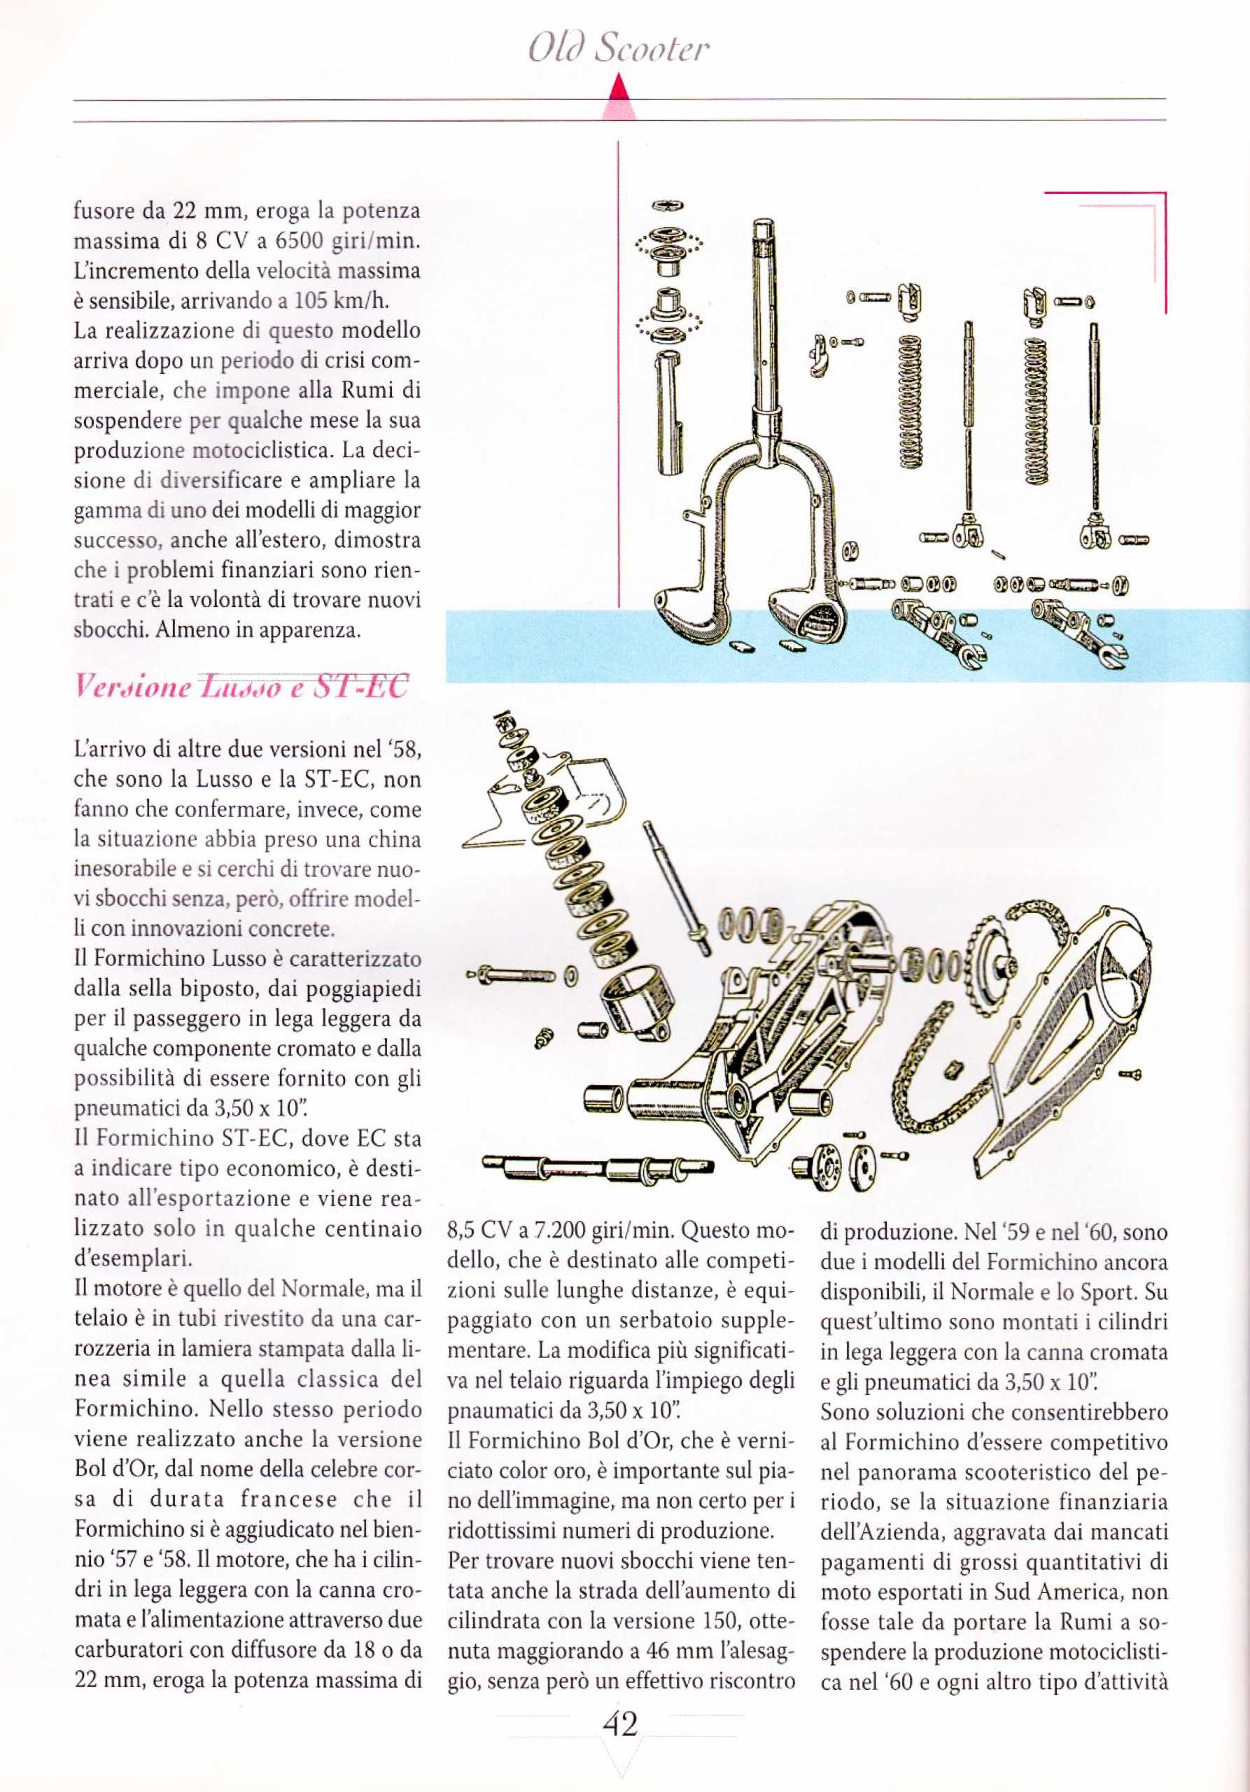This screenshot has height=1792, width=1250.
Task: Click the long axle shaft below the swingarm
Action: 597,1168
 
